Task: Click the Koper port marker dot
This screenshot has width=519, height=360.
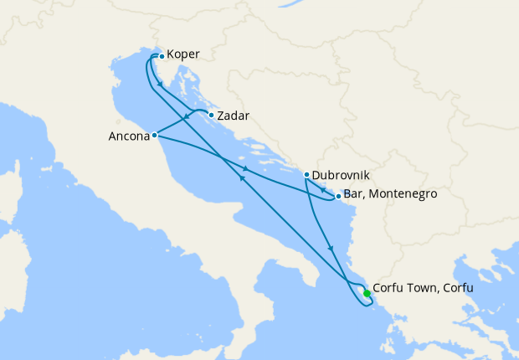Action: (x=162, y=56)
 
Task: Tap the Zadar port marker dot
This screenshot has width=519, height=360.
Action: (x=211, y=116)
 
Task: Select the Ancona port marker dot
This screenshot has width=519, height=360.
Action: (x=155, y=135)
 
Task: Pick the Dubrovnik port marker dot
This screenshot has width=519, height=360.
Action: (x=306, y=175)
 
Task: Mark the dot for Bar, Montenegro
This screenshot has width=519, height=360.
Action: (x=337, y=198)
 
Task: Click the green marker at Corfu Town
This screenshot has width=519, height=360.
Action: (x=367, y=293)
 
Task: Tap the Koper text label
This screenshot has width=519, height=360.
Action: (x=183, y=55)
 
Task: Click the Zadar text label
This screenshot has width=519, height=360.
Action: (x=234, y=116)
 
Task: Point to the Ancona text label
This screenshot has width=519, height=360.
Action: (x=129, y=135)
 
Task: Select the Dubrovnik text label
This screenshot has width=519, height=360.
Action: (x=341, y=176)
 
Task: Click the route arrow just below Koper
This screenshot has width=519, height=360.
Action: (x=159, y=85)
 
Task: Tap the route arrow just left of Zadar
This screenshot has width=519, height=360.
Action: (x=186, y=118)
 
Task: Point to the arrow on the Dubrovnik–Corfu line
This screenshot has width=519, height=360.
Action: (x=332, y=248)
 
